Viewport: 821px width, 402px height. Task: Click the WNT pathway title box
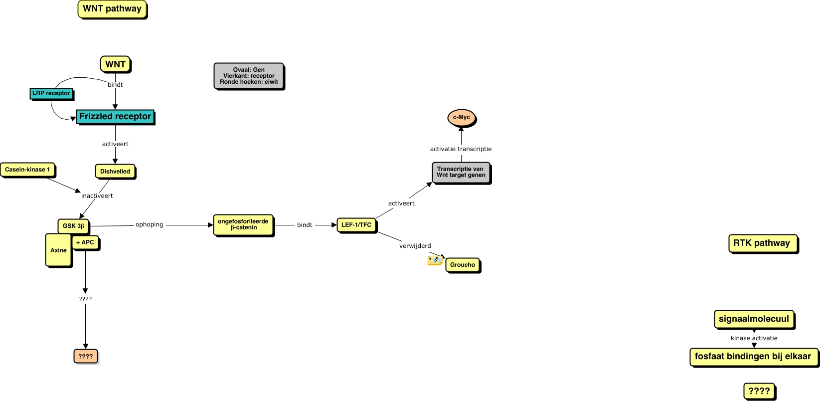[x=112, y=9]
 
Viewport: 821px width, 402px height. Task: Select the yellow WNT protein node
[x=115, y=64]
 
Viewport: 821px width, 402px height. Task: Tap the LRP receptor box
[x=51, y=93]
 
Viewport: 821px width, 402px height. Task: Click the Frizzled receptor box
[x=115, y=117]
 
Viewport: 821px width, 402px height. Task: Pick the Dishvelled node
[x=115, y=172]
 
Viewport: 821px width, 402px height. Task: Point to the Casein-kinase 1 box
[x=27, y=170]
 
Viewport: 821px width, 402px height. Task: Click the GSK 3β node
[x=73, y=226]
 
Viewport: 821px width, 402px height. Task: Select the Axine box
[x=58, y=250]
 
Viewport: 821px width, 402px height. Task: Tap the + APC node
[x=85, y=242]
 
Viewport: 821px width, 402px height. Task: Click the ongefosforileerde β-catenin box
[x=243, y=225]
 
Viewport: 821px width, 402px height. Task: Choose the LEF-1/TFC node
[x=356, y=225]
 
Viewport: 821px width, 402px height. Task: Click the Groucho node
[x=463, y=265]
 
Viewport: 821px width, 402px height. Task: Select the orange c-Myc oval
[x=462, y=118]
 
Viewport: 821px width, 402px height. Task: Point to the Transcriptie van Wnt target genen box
[x=461, y=173]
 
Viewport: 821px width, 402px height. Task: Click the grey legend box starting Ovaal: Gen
[x=249, y=76]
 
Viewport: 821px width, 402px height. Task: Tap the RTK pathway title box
[x=762, y=243]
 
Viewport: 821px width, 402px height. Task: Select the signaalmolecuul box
[x=754, y=319]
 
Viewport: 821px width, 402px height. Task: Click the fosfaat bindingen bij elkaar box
[x=753, y=357]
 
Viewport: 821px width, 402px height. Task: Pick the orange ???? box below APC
[x=86, y=357]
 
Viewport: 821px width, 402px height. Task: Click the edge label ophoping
[x=150, y=225]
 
